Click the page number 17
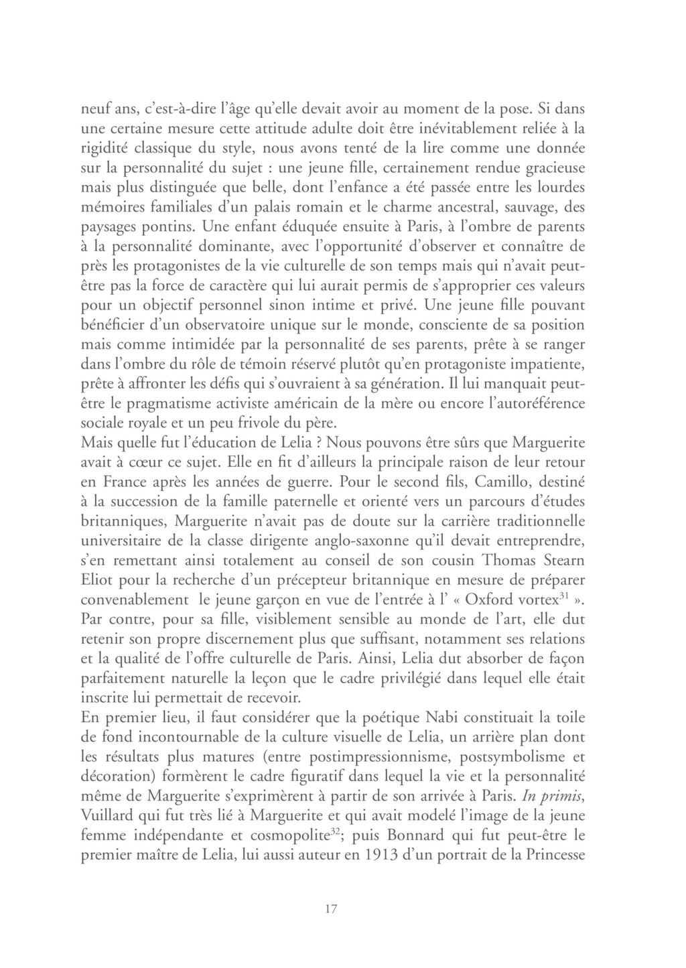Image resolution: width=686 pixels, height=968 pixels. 330,909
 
